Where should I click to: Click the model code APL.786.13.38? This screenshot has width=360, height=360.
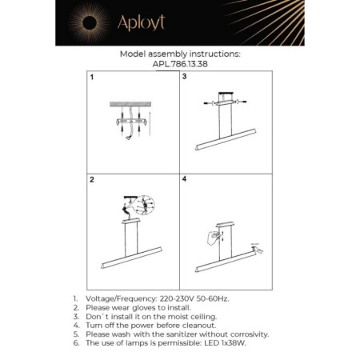[178, 65]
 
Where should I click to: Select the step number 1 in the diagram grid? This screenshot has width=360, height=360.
[91, 78]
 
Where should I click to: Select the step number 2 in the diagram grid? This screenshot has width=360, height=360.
[91, 181]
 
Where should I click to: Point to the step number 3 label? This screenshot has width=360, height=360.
[185, 78]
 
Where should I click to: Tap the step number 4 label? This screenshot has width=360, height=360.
[185, 180]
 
